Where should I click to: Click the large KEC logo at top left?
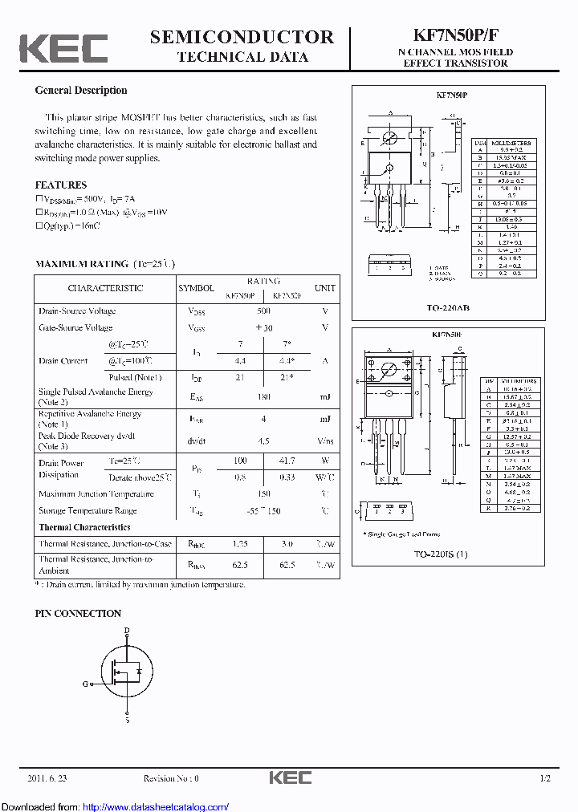point(63,48)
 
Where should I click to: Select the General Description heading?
point(80,91)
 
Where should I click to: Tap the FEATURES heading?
point(61,185)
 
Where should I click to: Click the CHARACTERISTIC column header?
point(105,288)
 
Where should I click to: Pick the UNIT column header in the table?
point(325,288)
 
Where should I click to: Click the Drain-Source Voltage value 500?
point(263,311)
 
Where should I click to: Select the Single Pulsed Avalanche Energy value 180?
point(263,396)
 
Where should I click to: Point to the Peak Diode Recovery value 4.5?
point(263,441)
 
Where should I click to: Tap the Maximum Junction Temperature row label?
point(96,494)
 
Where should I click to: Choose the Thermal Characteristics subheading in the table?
point(84,527)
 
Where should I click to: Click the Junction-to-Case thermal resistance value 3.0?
point(286,544)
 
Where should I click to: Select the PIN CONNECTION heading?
point(78,614)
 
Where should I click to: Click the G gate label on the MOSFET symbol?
point(85,684)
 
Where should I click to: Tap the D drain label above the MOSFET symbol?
point(126,631)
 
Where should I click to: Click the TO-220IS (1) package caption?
point(441,554)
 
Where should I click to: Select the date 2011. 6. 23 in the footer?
point(47,778)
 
